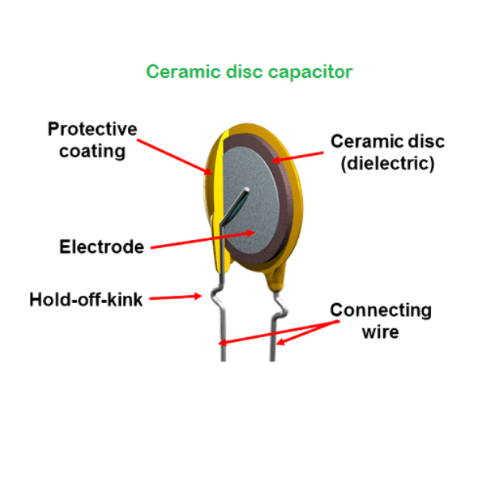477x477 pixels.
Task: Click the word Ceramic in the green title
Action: click(177, 72)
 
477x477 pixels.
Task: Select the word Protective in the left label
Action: click(92, 130)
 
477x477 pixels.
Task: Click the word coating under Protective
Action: click(92, 150)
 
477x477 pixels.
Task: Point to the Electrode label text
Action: click(102, 246)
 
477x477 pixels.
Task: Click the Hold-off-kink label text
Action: click(86, 300)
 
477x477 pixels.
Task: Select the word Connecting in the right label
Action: click(381, 309)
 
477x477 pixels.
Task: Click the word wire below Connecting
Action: click(380, 331)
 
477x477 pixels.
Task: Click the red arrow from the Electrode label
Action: click(203, 240)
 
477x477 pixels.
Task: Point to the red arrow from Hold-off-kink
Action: click(176, 298)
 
